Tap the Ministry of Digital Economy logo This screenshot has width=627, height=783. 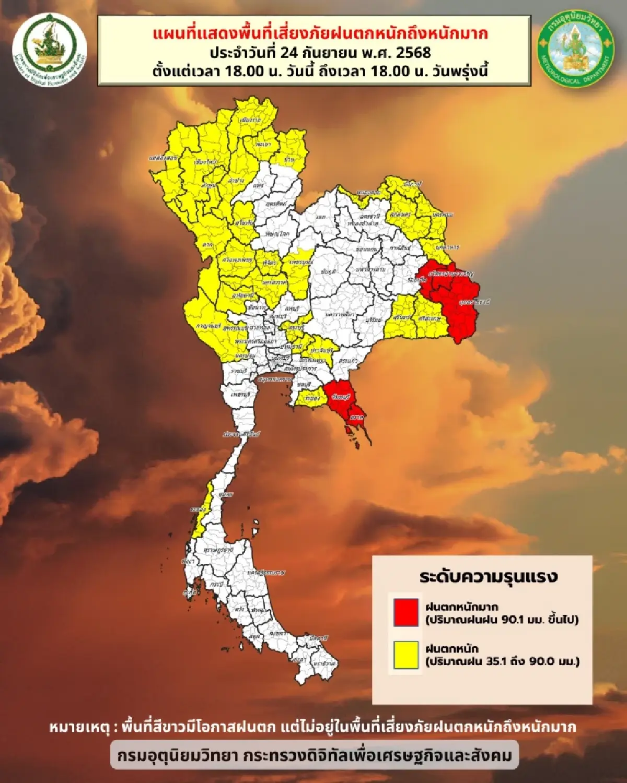(x=50, y=50)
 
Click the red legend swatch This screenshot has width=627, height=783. (x=405, y=612)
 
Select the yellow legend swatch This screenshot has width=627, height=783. (x=405, y=655)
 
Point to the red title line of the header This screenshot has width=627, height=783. (x=321, y=34)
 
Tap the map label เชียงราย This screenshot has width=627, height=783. (x=250, y=120)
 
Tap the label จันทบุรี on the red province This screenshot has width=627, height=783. (x=340, y=397)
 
